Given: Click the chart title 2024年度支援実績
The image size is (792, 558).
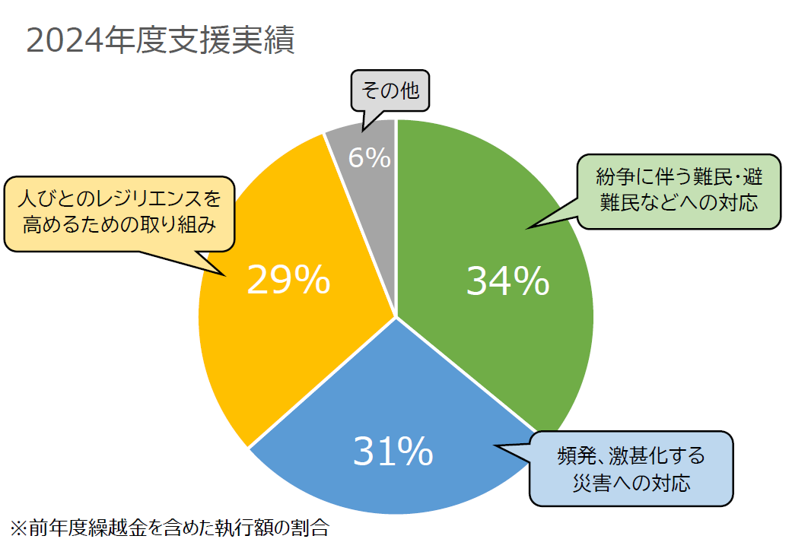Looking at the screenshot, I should pos(160,42).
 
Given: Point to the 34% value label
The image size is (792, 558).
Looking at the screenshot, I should pos(507,281).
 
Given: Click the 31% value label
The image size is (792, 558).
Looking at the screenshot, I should pos(393,452).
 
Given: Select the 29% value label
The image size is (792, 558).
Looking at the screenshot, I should pos(288,281).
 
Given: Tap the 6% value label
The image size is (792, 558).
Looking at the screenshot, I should pos(370,157).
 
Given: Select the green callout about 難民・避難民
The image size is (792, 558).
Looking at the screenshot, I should pos(679,191).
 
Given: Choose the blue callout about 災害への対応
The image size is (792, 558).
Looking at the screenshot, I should pos(631,469).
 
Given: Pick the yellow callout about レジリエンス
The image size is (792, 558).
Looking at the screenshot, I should pos(119,214).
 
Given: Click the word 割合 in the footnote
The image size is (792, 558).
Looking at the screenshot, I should pos(311,528).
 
